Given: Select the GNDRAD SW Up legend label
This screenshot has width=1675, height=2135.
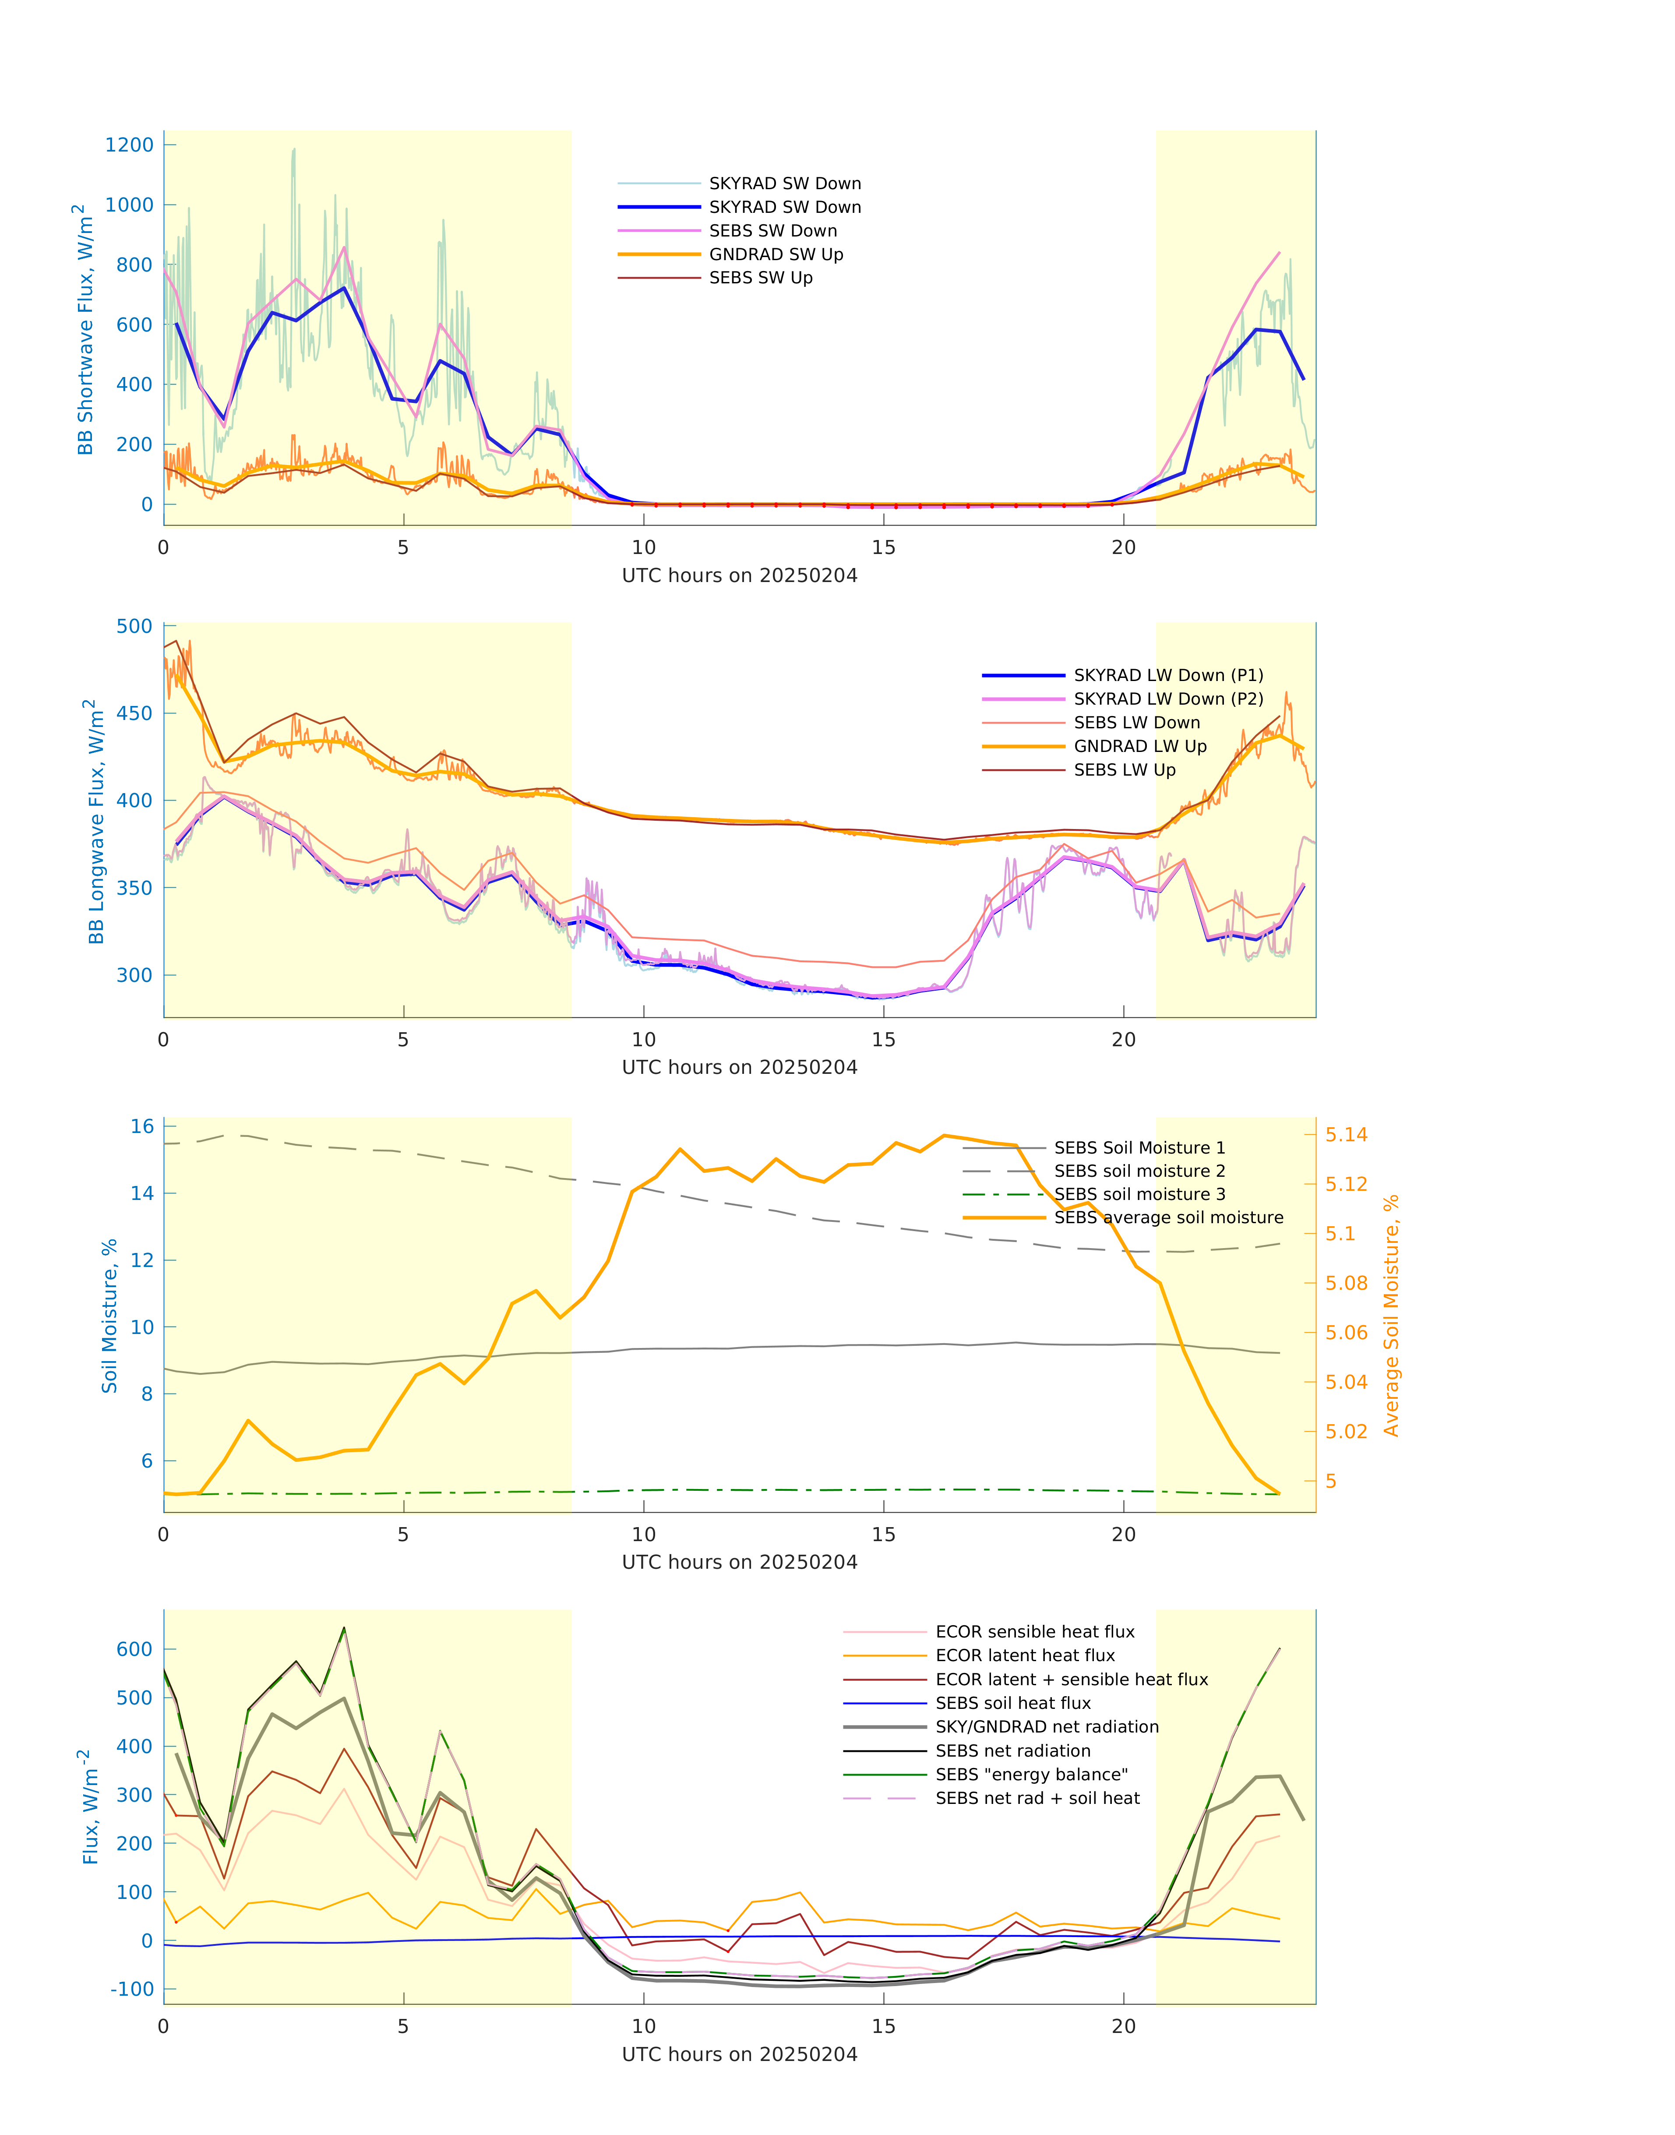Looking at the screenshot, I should tap(776, 255).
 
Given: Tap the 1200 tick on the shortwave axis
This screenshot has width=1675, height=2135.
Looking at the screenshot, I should tap(130, 145).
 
